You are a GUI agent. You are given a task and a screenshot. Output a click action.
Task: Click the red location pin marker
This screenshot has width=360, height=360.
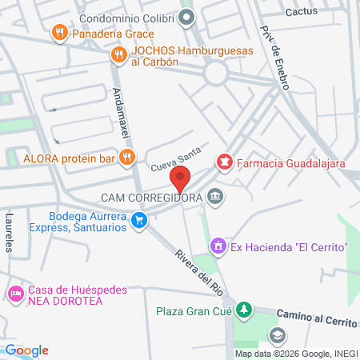(x=182, y=178)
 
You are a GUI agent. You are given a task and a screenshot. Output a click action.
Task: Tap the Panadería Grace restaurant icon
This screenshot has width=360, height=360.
(x=58, y=33)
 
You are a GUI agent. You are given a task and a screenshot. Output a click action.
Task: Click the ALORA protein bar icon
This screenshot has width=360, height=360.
(x=126, y=158)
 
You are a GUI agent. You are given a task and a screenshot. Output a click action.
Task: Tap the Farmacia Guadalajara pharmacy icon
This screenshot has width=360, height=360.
(x=226, y=163)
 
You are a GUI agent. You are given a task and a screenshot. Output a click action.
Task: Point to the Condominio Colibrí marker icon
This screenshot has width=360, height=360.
(x=186, y=16)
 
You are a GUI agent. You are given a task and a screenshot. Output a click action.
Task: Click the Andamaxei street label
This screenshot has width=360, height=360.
(x=122, y=111)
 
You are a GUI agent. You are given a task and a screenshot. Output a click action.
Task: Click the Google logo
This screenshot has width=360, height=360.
(x=26, y=350)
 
